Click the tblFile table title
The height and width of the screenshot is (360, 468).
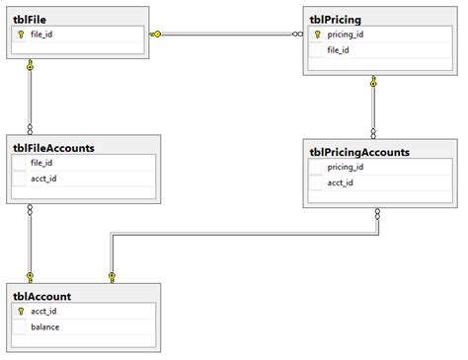pos(33,18)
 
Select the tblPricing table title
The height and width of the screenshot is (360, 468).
pos(336,18)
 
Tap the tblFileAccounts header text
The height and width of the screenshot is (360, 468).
pos(53,148)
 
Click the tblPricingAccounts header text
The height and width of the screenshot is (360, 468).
pos(359,152)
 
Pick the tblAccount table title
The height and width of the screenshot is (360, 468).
pos(41,296)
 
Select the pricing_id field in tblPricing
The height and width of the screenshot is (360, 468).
pos(345,34)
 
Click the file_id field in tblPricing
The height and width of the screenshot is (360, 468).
pos(339,49)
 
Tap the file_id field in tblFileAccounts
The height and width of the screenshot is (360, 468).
pos(41,163)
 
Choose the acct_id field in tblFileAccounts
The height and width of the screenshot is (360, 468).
pos(43,179)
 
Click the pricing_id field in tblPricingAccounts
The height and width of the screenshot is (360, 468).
pos(346,167)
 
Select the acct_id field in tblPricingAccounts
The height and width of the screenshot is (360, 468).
pos(341,182)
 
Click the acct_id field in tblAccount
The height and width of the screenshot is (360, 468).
pos(43,311)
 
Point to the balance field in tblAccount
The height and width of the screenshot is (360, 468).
pos(45,326)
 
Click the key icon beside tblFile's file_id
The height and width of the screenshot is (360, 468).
pos(20,34)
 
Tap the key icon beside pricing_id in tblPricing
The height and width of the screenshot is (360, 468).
pos(317,34)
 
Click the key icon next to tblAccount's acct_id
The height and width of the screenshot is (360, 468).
pos(20,311)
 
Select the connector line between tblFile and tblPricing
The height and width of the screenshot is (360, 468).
pos(227,34)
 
